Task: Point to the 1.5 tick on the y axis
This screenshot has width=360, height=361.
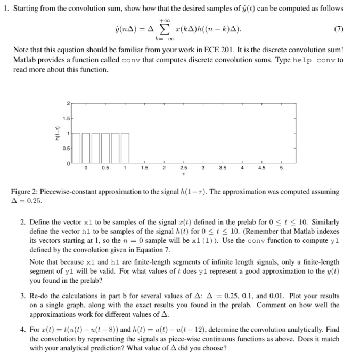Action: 63,118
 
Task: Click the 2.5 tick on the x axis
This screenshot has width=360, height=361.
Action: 183,169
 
